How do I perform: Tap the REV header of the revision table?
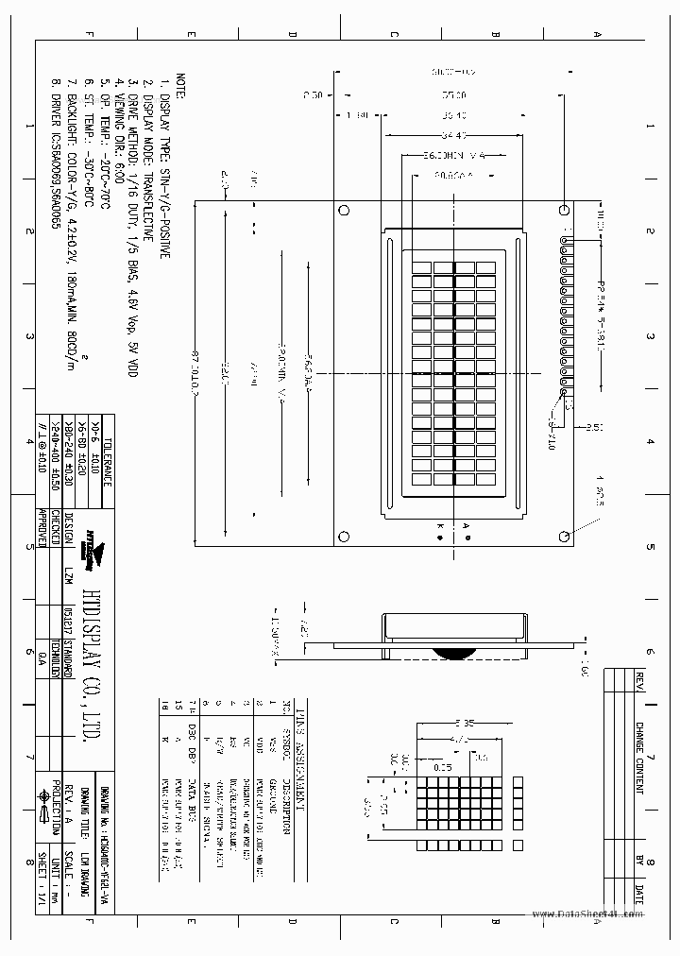tap(639, 681)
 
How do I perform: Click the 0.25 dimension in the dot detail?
tap(442, 767)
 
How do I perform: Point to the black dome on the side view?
tap(454, 651)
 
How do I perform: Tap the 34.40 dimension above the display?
tap(454, 135)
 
